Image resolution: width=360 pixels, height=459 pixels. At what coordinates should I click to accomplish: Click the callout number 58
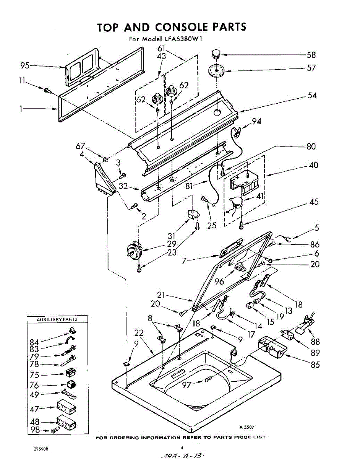click(x=311, y=55)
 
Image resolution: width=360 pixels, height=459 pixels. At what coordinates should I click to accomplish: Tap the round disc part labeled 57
click(x=216, y=71)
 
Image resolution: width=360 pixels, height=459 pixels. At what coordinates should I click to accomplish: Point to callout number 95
click(x=25, y=66)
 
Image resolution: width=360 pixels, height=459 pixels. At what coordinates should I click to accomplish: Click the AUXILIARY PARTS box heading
click(x=57, y=319)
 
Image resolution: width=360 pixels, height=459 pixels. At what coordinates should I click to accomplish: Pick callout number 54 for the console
click(x=312, y=96)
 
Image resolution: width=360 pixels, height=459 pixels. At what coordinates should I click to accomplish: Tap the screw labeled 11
click(x=47, y=90)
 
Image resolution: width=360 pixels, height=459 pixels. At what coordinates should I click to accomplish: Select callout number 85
click(x=315, y=365)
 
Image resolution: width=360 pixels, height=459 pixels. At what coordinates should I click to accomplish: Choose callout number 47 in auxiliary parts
click(x=34, y=409)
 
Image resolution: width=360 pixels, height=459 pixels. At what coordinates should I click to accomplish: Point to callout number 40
click(x=313, y=166)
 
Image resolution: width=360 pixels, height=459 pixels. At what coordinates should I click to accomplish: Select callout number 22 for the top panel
click(x=139, y=333)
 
